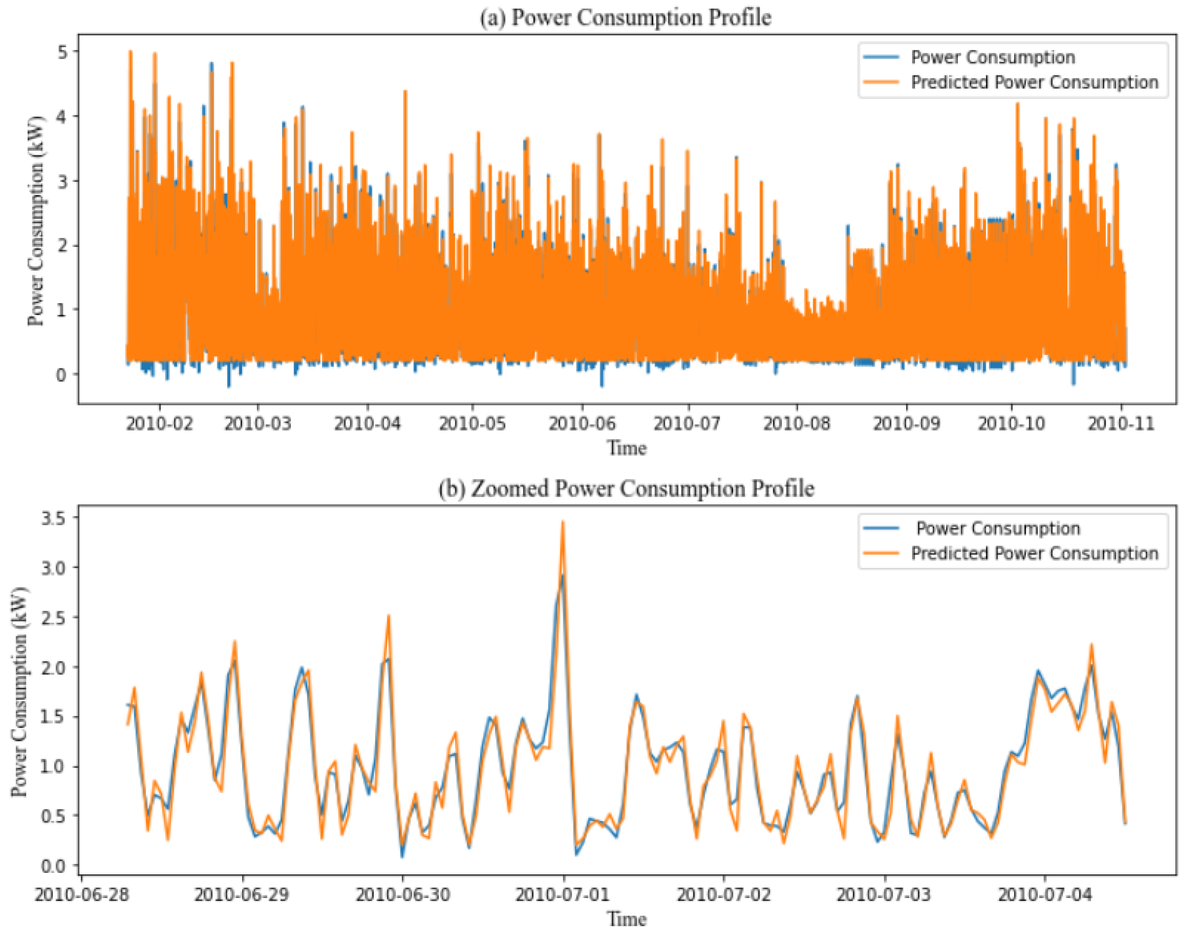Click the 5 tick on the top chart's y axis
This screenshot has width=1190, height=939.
[62, 52]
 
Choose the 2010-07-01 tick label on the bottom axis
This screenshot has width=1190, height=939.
[562, 895]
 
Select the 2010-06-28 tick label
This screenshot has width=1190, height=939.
[81, 895]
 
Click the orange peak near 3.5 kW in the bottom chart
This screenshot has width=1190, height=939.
[562, 522]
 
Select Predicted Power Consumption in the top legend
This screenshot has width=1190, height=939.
[1034, 82]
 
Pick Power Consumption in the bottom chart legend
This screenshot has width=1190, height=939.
[997, 528]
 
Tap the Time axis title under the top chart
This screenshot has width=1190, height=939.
[627, 448]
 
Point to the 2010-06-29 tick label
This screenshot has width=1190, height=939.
[241, 895]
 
